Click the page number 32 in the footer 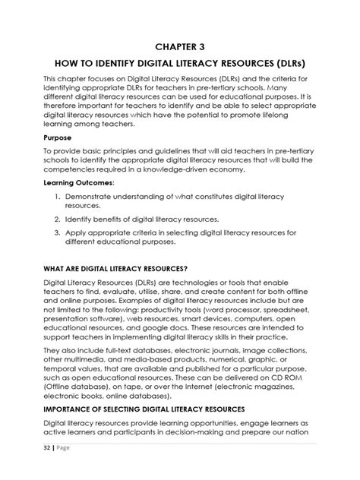pos(46,469)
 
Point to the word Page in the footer pos(66,469)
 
